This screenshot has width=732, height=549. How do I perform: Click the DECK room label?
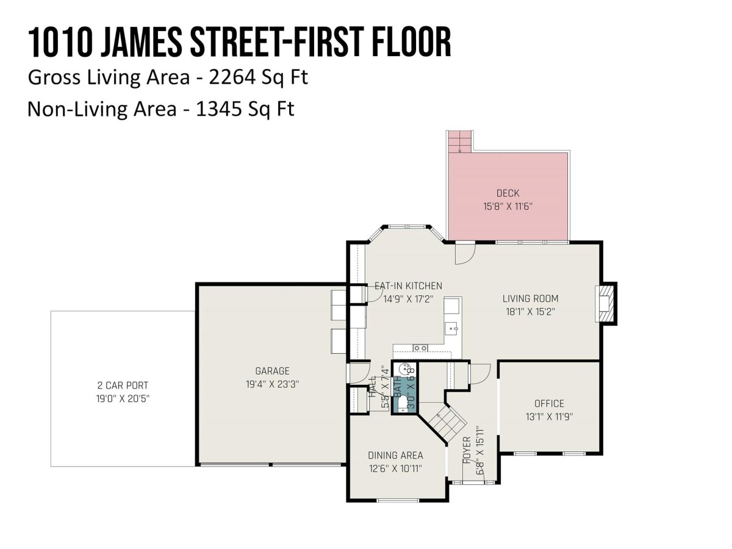[x=508, y=193]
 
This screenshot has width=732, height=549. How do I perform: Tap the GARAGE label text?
[x=272, y=371]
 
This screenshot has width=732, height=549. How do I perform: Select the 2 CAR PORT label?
[x=123, y=386]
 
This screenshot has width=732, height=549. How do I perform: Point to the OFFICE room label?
[x=549, y=404]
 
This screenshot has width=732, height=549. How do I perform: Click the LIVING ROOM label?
[x=530, y=299]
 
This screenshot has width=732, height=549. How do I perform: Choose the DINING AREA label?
[x=395, y=455]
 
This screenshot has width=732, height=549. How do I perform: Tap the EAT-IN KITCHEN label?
[x=408, y=286]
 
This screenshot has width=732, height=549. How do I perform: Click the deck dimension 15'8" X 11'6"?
[x=508, y=207]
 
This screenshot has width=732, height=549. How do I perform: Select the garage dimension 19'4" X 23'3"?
[x=272, y=384]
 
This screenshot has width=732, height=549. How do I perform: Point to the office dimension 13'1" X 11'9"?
[x=549, y=417]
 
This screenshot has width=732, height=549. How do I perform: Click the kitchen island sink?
[x=453, y=329]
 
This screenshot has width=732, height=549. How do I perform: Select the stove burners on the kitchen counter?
[x=420, y=348]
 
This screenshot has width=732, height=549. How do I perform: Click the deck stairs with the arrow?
[x=459, y=142]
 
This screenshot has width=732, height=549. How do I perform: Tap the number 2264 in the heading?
[x=232, y=77]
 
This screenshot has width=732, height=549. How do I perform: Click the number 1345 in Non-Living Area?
[x=219, y=109]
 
